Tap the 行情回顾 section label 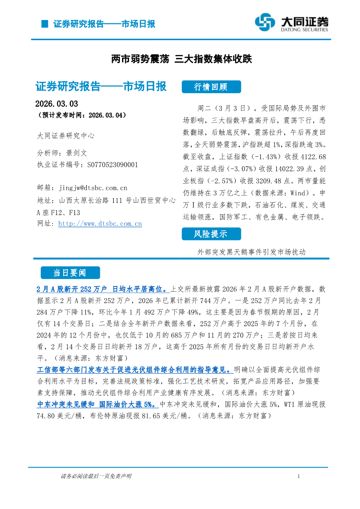[211, 87]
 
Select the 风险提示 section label [211, 234]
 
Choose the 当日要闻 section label [70, 273]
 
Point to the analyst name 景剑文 [77, 153]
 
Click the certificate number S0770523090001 [112, 165]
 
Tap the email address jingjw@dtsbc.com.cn [92, 188]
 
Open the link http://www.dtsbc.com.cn [100, 224]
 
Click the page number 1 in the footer [298, 476]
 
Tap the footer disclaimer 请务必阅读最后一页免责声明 [96, 476]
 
